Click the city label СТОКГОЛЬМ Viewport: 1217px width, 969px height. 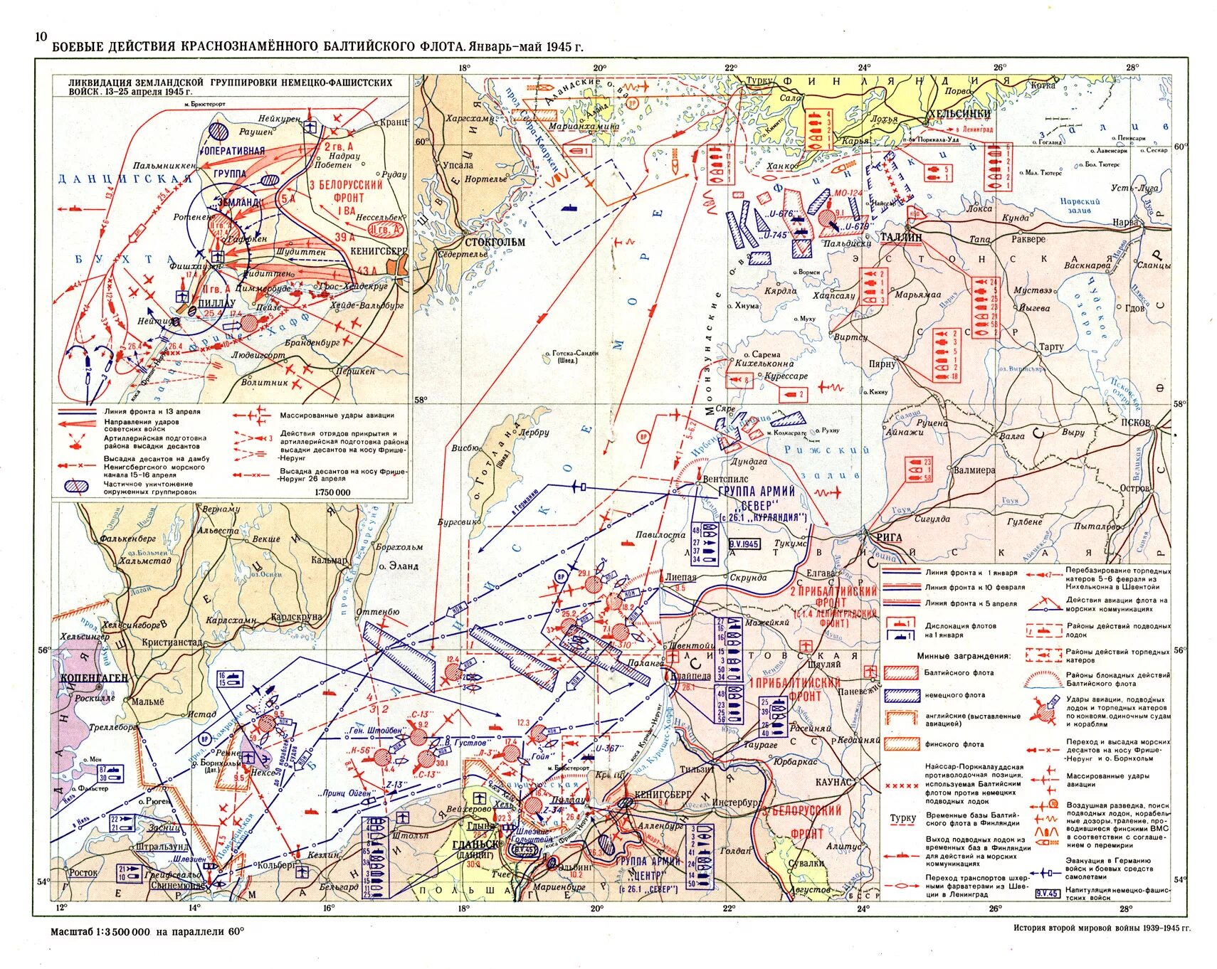[x=495, y=242]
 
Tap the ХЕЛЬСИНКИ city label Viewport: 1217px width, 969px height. [x=958, y=114]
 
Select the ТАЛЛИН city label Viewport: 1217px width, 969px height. [x=901, y=238]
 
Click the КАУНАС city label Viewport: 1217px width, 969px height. [x=835, y=782]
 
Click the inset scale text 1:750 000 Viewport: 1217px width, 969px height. [x=332, y=492]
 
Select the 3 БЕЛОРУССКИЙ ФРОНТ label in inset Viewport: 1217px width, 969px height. [x=346, y=191]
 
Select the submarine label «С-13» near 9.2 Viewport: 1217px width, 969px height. [x=419, y=714]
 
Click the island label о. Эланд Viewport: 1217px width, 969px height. [x=399, y=566]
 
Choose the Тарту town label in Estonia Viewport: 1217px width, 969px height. [x=1051, y=347]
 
